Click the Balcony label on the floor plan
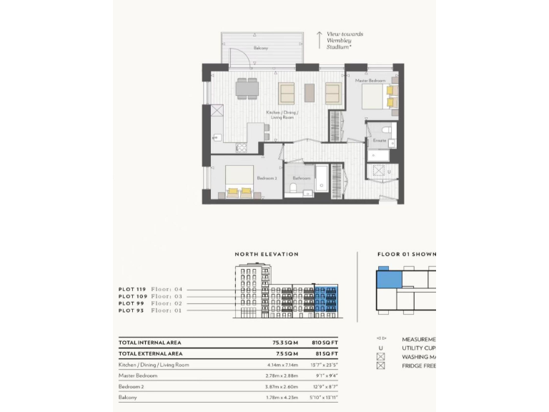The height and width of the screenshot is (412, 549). [x=261, y=48]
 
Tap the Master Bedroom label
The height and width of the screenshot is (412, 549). [x=370, y=81]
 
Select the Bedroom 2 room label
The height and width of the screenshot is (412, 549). [x=267, y=177]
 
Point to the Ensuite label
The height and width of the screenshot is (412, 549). [x=379, y=141]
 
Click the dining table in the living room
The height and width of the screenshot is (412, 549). [x=247, y=88]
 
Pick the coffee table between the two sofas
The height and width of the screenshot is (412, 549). [x=310, y=93]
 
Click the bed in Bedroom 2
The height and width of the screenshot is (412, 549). [x=240, y=180]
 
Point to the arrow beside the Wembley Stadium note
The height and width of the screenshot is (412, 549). [x=320, y=39]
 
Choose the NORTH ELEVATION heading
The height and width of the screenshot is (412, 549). [x=267, y=254]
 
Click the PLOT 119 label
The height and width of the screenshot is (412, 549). [x=132, y=288]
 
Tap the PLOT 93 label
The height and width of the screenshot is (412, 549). [x=132, y=310]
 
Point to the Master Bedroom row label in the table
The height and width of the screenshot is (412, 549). [x=138, y=375]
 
